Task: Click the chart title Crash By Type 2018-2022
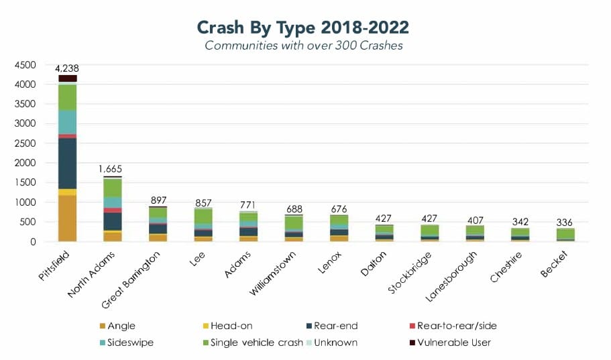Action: coord(302,27)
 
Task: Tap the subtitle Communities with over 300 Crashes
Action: coord(302,46)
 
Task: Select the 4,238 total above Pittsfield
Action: coord(68,68)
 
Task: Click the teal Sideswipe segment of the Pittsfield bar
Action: coord(68,122)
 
